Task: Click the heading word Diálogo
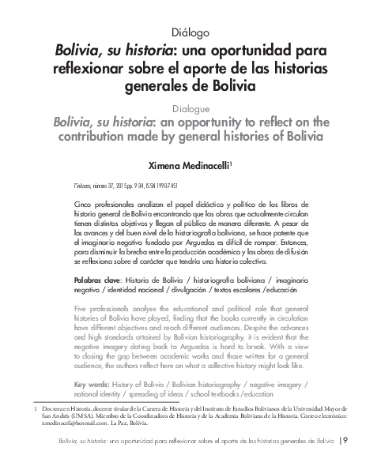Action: (x=190, y=32)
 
